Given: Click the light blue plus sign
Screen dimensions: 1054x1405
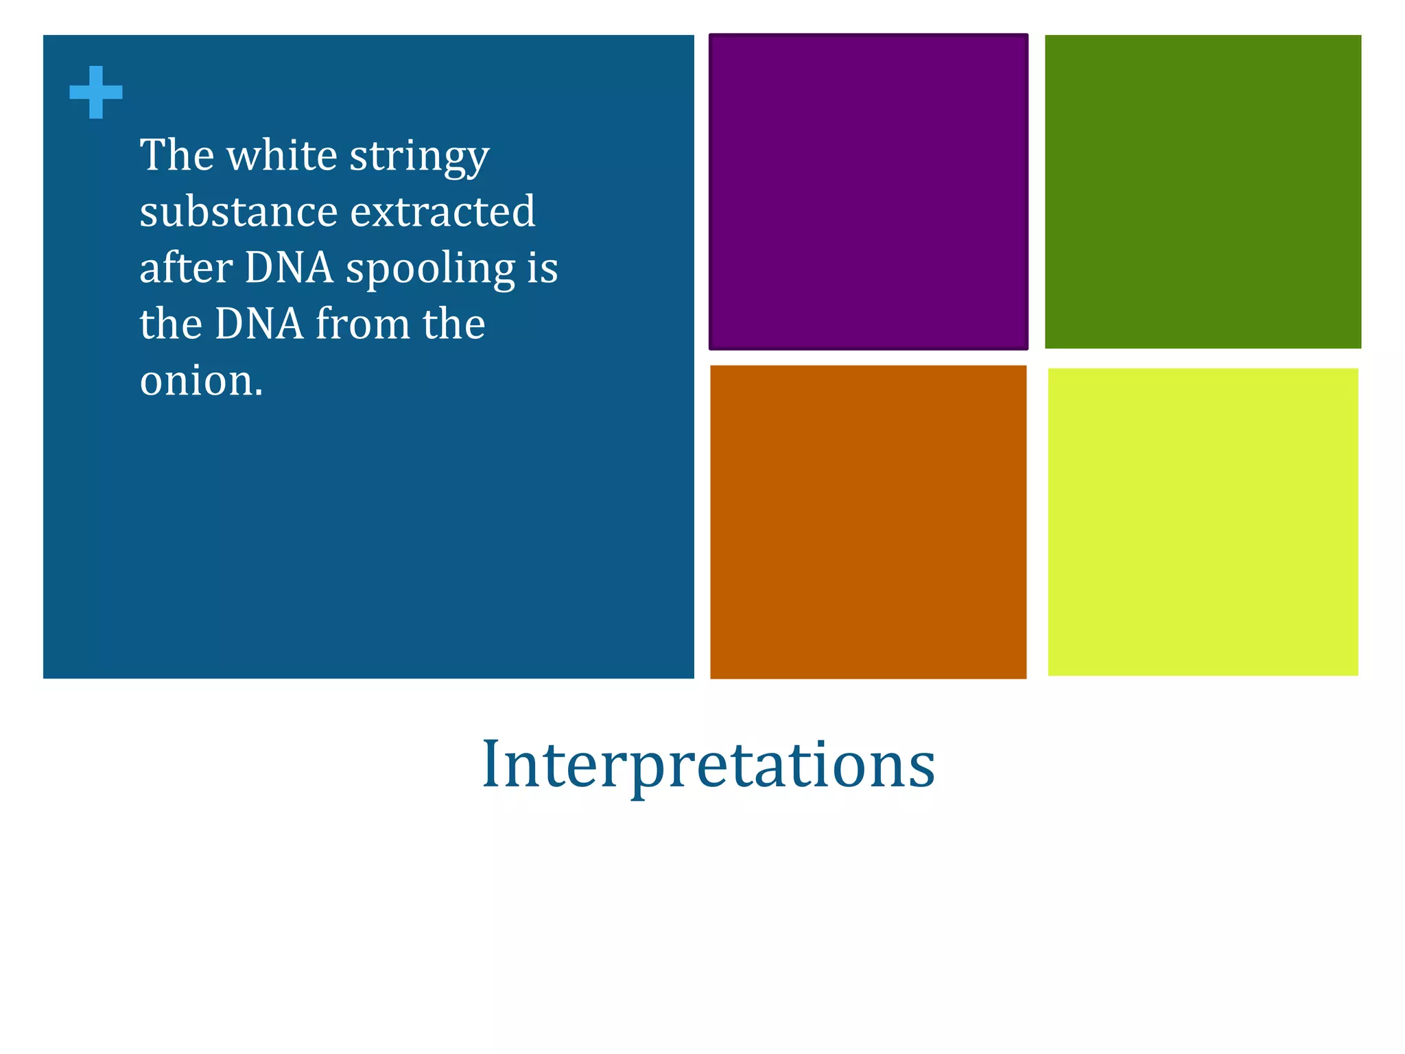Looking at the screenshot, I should tap(96, 92).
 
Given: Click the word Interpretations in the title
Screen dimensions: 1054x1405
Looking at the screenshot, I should tap(708, 764).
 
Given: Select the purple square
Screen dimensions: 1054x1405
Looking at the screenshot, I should tap(868, 191).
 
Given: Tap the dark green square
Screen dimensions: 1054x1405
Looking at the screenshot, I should tap(1203, 191).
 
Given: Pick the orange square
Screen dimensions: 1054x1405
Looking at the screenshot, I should tap(868, 522).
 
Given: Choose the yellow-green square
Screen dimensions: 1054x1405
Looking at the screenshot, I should tap(1203, 522).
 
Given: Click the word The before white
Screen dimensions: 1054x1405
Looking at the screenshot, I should tap(177, 155).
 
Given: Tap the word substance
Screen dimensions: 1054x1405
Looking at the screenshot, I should tap(238, 211).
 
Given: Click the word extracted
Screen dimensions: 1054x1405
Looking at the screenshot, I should tap(442, 211).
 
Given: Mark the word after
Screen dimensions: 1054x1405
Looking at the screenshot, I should tap(186, 268).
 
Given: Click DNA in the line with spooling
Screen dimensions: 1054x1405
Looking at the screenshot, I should tap(289, 268).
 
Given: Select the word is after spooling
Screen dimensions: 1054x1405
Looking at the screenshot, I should tap(543, 268).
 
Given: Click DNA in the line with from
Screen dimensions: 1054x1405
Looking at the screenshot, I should tap(259, 324).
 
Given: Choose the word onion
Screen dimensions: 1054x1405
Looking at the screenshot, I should tap(201, 381).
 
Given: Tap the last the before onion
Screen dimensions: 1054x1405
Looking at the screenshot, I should tap(453, 324).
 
